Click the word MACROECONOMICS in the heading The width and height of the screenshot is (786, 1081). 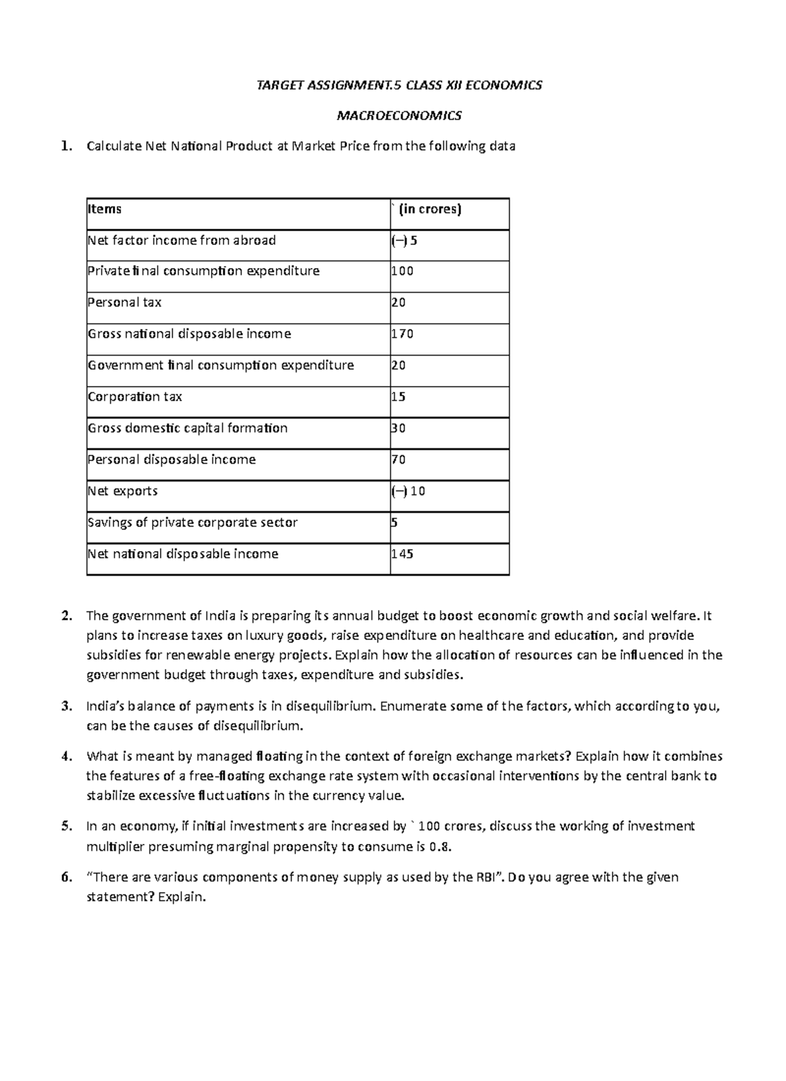pos(398,116)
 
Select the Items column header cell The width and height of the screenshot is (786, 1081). pos(105,209)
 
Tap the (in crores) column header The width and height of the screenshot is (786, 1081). pos(429,209)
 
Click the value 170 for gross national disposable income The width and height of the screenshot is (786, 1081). pos(402,333)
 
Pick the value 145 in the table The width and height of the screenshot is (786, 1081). pos(402,554)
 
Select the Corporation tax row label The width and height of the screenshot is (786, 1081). pos(135,396)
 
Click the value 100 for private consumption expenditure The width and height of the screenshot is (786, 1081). pos(402,271)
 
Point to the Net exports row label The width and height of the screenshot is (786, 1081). pos(122,491)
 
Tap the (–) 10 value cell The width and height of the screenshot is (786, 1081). pos(409,491)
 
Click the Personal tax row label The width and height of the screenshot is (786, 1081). pos(124,302)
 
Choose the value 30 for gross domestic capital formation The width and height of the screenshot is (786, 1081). pos(398,428)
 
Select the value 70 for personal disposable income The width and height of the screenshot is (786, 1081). pos(398,459)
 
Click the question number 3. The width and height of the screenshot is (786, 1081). pos(65,706)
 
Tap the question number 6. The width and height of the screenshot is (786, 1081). pos(65,877)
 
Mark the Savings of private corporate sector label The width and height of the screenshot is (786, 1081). pos(193,522)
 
